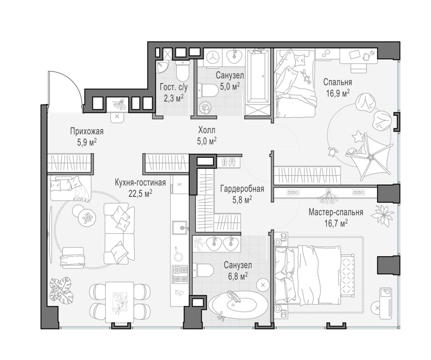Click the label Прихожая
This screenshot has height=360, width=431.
point(86,131)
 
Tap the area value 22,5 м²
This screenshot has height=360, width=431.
point(140,193)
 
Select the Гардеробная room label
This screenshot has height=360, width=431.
point(242,189)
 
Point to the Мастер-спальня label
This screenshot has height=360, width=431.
point(336,212)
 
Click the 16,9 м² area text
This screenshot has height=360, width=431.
point(338,93)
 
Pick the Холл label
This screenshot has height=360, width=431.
point(207,130)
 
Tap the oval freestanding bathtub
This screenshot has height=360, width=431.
point(237,304)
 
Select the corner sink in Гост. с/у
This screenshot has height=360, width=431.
point(162,67)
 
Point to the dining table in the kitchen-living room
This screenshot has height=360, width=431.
point(119,302)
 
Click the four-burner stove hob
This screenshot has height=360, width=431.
point(180,274)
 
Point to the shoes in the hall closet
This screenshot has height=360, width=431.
point(229,161)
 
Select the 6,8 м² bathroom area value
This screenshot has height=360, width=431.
point(236,275)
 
